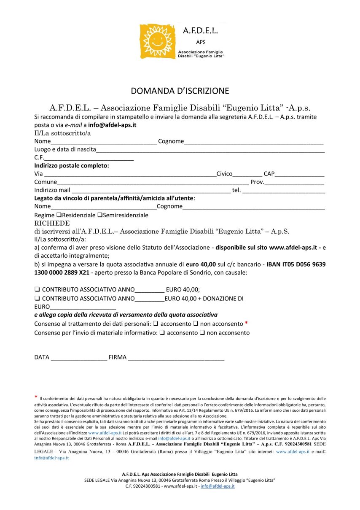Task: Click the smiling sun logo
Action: tap(157, 42)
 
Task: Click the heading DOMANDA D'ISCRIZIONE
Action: tap(180, 91)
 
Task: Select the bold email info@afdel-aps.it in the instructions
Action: tap(112, 125)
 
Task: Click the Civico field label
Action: tap(224, 174)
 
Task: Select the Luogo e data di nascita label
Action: tap(65, 149)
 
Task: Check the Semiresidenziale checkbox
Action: tap(100, 215)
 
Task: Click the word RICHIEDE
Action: tap(52, 223)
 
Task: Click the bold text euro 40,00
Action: tap(201, 264)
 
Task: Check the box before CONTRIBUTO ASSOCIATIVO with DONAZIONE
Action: tap(37, 298)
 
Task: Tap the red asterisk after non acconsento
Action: tap(246, 324)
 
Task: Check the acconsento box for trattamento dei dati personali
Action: tap(156, 324)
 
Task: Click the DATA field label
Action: tap(42, 357)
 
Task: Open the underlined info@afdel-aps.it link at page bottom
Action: tap(218, 486)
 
